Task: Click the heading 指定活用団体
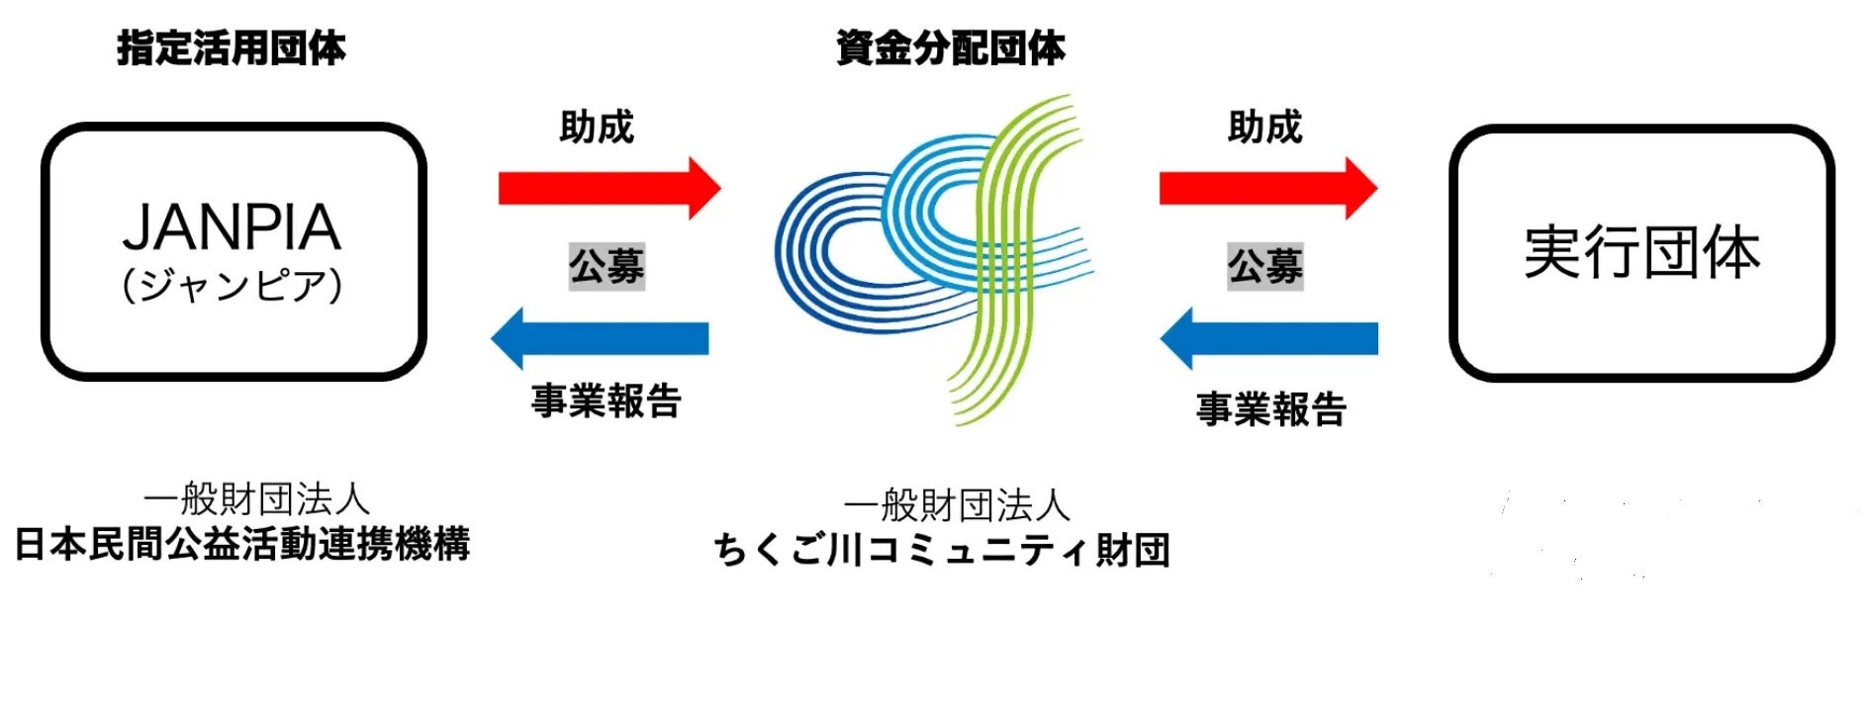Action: (x=232, y=47)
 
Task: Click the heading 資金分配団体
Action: (x=950, y=47)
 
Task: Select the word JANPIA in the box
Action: (x=232, y=226)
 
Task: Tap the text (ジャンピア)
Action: (x=232, y=285)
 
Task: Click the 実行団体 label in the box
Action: (x=1641, y=252)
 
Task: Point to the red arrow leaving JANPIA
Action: (x=608, y=188)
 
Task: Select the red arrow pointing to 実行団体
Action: (x=1267, y=188)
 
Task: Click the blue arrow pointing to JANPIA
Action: (x=601, y=338)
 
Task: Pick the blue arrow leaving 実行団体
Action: (x=1268, y=338)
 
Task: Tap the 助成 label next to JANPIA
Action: (x=596, y=128)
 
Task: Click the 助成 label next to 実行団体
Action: (x=1264, y=128)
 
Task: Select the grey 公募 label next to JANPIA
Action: (x=607, y=266)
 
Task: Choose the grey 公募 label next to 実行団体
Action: (x=1264, y=266)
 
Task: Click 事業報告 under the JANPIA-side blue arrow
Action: (x=606, y=400)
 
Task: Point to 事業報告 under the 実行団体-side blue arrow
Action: (x=1271, y=408)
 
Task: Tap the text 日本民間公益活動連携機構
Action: (x=242, y=544)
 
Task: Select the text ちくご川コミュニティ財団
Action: (x=941, y=550)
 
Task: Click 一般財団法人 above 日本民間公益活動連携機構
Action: (x=256, y=499)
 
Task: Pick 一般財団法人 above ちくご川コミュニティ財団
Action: (x=957, y=505)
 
